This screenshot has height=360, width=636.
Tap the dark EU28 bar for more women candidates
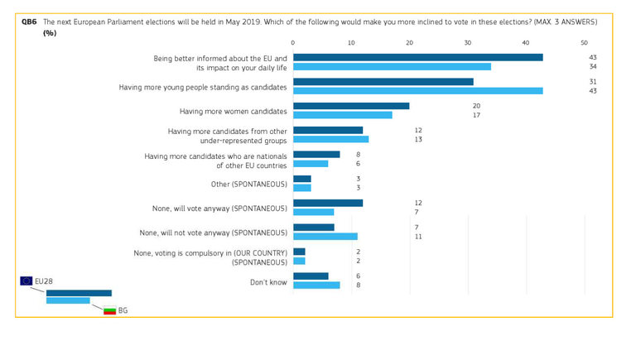tap(351, 106)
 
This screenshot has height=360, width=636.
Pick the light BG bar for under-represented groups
tap(330, 139)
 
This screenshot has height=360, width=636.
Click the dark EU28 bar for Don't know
tap(311, 276)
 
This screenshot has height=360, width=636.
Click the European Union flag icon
tap(26, 281)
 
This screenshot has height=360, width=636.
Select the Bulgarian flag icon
tap(109, 310)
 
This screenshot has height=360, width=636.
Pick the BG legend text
tap(123, 310)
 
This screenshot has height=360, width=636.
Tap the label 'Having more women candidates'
tap(234, 110)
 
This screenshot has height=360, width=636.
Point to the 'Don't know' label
tap(268, 281)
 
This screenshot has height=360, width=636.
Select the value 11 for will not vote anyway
tap(418, 236)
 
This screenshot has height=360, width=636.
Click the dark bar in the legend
tap(79, 293)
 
